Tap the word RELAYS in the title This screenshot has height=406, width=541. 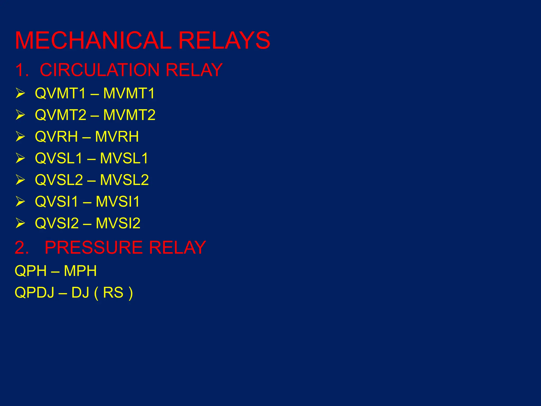(x=224, y=40)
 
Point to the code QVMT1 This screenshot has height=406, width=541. (x=60, y=93)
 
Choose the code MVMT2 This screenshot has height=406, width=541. (x=129, y=115)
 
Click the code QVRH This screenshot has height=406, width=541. (x=56, y=137)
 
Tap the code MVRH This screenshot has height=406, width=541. (x=117, y=137)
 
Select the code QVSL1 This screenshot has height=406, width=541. (x=59, y=158)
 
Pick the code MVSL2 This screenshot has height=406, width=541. (x=124, y=180)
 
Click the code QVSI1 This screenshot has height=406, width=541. (x=57, y=202)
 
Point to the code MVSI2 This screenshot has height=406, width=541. (x=118, y=223)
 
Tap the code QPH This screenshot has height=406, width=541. (x=31, y=271)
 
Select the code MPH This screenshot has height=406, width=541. (x=80, y=271)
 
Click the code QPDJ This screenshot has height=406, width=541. (x=34, y=293)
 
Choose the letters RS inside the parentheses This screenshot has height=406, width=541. (x=113, y=293)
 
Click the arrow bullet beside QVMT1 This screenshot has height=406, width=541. (x=20, y=93)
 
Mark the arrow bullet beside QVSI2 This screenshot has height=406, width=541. (x=20, y=223)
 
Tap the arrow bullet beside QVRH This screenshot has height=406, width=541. (x=20, y=137)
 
